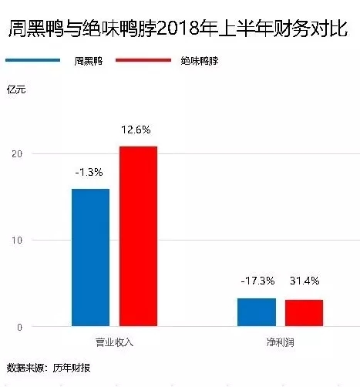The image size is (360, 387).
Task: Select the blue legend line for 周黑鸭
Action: tap(32, 59)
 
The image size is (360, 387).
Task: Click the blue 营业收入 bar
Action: tap(90, 257)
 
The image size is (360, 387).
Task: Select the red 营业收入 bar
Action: tap(138, 236)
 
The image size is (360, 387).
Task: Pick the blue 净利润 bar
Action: tap(257, 312)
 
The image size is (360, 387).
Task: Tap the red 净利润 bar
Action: tap(304, 313)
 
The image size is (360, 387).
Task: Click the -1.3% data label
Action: tap(90, 171)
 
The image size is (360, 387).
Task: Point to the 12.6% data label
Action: tap(137, 129)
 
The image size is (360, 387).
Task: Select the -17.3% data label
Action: tap(257, 281)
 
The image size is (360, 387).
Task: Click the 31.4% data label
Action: tap(304, 281)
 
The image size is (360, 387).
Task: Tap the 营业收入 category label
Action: tap(114, 340)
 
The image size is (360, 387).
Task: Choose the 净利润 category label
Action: tap(281, 340)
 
